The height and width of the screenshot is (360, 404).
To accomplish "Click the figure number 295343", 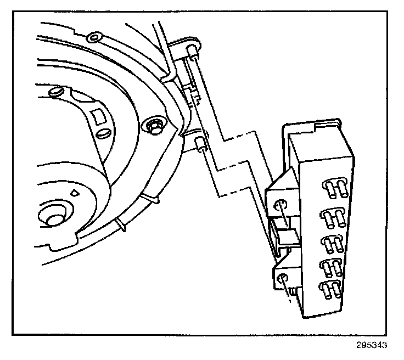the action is [372, 345].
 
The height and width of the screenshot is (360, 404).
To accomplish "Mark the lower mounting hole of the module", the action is [282, 279].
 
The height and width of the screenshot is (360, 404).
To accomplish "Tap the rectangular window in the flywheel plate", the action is [99, 116].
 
